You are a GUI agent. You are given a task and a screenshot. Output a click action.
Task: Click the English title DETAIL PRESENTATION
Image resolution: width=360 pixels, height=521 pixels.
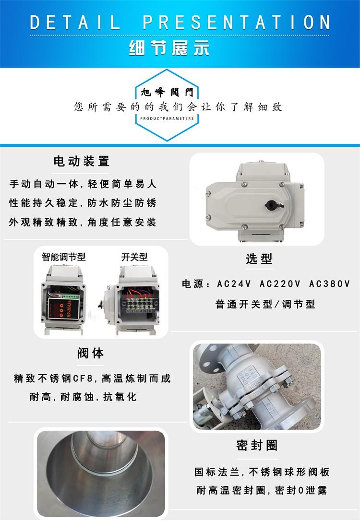(180, 22)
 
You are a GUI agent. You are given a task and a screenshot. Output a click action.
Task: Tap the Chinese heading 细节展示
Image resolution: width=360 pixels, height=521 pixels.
(169, 48)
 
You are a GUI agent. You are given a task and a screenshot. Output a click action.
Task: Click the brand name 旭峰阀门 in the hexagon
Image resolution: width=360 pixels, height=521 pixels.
(167, 92)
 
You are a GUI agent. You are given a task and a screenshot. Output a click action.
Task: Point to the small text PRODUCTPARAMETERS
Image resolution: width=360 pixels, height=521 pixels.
(167, 118)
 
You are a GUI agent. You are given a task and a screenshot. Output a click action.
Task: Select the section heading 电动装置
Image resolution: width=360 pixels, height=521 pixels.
(82, 162)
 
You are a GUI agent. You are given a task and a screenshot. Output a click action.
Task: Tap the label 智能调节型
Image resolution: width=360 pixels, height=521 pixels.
(64, 257)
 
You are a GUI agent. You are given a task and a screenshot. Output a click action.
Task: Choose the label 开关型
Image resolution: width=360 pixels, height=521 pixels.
(134, 257)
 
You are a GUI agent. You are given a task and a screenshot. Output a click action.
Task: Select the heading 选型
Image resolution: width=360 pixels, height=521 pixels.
(259, 259)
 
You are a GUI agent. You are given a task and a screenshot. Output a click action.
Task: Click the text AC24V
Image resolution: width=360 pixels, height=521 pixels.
(234, 284)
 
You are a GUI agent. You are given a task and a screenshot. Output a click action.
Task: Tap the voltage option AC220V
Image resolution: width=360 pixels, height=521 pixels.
(280, 284)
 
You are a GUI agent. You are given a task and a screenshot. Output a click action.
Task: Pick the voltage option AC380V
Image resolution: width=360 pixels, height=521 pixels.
(329, 284)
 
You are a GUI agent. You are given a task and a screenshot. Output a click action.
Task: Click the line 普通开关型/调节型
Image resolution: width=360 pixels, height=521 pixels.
(265, 304)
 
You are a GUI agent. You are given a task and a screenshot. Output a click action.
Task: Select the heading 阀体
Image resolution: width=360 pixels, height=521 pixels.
(90, 353)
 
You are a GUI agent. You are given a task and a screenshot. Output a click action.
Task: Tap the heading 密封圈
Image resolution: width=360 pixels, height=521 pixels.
(257, 445)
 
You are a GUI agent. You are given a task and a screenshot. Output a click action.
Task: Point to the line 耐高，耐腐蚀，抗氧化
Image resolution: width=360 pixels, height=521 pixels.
(83, 397)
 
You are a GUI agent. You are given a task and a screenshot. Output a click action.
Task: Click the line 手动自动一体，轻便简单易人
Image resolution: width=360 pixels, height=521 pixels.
(83, 184)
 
